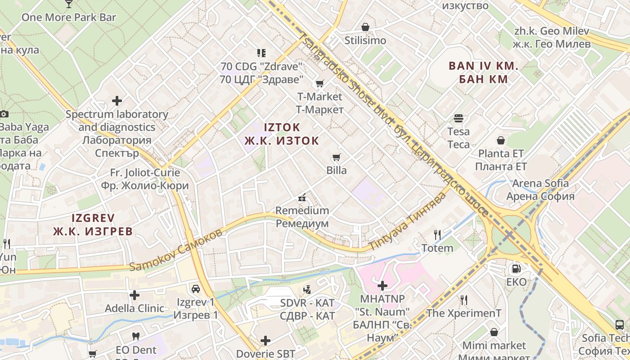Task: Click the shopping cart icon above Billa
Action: pos(336,157)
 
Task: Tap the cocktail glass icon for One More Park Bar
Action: pos(68,4)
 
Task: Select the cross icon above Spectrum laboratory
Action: pos(117,101)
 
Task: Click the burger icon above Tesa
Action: pos(459,118)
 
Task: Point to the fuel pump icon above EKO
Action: pos(516,269)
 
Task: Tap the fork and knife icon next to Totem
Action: pos(437,234)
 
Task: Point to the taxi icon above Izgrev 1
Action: pos(196,288)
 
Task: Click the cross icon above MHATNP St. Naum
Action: pos(382,285)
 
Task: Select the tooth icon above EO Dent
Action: pos(136,336)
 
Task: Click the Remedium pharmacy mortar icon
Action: pos(302,197)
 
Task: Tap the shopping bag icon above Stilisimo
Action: pos(365,27)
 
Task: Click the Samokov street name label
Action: pos(175,250)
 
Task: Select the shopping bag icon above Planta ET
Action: pos(500,140)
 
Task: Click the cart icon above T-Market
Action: pos(319,83)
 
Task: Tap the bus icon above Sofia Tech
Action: pos(619,324)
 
